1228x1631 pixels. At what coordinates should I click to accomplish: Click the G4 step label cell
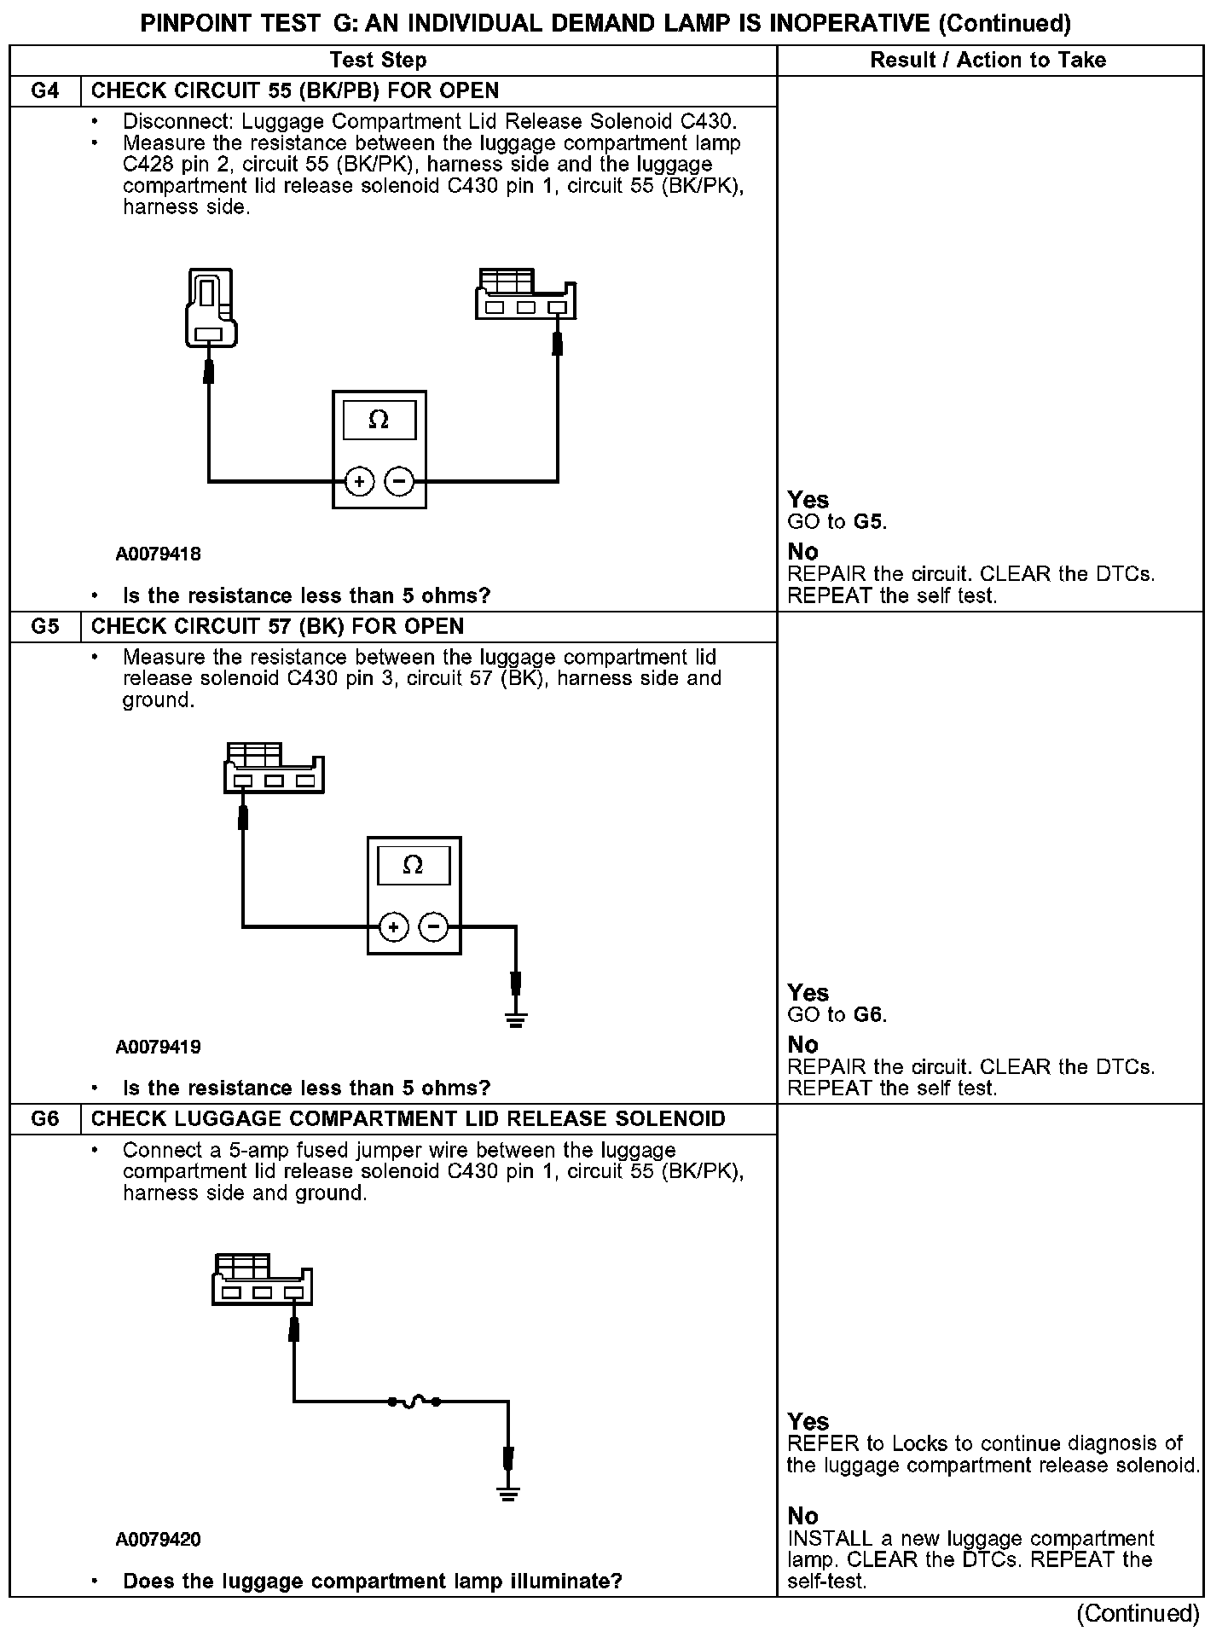tap(45, 91)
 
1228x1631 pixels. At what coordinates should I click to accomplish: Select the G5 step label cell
tap(45, 627)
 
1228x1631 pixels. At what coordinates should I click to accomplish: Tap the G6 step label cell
tap(45, 1119)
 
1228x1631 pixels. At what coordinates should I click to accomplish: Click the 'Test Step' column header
tap(378, 60)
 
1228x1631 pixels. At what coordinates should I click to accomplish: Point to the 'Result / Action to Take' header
tap(988, 60)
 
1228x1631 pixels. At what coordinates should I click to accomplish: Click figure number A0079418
tap(159, 554)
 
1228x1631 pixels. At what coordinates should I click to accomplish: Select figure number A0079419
tap(159, 1047)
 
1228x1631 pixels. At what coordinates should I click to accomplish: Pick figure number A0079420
tap(159, 1540)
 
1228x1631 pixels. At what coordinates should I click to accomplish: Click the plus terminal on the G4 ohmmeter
tap(359, 482)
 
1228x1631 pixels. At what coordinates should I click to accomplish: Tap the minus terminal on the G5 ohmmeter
tap(434, 926)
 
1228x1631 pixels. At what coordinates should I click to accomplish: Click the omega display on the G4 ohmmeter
tap(379, 421)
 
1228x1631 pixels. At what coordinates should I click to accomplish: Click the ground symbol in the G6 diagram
tap(508, 1493)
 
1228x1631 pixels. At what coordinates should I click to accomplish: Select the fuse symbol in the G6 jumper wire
tap(414, 1401)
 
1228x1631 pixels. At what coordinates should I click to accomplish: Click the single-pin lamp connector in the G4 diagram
tap(209, 309)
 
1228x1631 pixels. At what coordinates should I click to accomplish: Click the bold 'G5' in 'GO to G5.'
tap(869, 522)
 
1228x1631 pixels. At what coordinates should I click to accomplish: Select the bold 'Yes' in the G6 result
tap(808, 1422)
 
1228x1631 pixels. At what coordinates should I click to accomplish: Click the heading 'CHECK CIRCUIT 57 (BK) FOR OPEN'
tap(277, 627)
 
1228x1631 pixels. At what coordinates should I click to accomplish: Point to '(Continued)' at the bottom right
tap(1138, 1613)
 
